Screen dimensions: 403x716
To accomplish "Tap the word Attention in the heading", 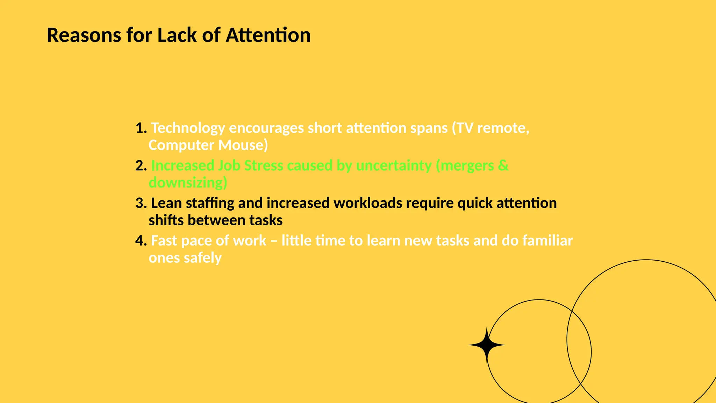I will (268, 35).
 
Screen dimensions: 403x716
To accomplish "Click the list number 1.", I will (141, 128).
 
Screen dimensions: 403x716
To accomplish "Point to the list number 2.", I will (141, 165).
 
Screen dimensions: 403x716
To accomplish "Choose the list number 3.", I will (141, 203).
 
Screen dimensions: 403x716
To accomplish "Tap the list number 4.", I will (141, 241).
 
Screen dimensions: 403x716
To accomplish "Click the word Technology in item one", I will (188, 128).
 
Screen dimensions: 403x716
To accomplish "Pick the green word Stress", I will (263, 165).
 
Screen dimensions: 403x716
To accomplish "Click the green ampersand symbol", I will (503, 165).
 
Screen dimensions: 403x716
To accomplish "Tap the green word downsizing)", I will (188, 183).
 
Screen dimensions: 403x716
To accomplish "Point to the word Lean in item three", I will (166, 203).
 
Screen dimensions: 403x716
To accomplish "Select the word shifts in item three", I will (166, 220).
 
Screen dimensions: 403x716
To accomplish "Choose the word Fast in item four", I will (164, 241).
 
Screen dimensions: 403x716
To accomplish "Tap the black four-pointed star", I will (486, 345).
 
